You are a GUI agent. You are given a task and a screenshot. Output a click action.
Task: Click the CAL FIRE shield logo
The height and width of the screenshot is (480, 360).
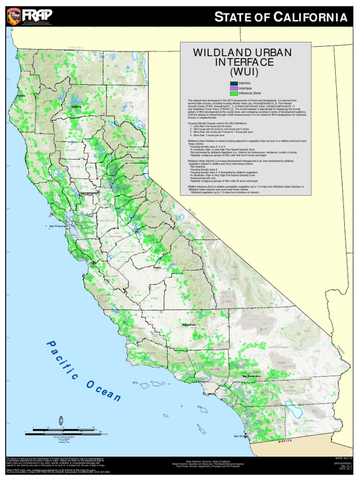(13, 17)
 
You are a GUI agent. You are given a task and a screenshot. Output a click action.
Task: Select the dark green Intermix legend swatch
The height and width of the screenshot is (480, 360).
(233, 83)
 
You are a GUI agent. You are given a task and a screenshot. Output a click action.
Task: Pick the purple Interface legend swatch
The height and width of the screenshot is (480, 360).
(233, 88)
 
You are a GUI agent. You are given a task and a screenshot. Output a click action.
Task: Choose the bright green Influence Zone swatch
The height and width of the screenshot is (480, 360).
(233, 93)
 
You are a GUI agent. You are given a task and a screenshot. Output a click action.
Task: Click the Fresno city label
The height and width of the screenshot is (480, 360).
(157, 268)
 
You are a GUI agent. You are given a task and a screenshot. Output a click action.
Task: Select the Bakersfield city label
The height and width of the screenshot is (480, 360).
(189, 324)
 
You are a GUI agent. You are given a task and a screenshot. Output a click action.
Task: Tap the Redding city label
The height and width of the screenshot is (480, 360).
(76, 107)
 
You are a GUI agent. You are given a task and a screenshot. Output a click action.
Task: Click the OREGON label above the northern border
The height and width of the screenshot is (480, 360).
(75, 48)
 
